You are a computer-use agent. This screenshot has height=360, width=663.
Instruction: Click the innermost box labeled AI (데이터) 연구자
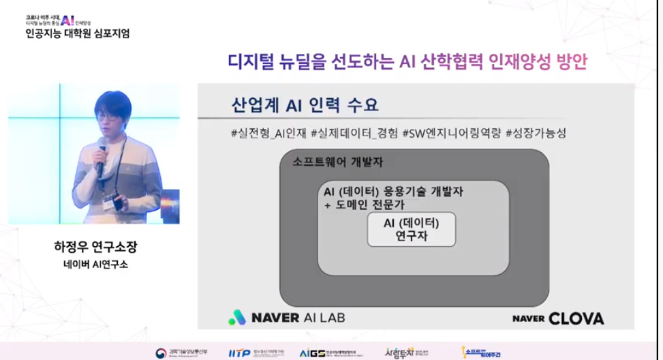(411, 230)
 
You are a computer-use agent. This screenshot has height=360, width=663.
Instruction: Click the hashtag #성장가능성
(537, 132)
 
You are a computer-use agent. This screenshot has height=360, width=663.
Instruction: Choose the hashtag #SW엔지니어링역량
(452, 132)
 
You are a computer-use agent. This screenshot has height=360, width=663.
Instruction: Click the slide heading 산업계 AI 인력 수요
(305, 106)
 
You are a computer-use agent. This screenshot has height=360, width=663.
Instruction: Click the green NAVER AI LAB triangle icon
(237, 317)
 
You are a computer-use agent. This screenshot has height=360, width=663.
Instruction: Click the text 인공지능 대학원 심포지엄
(76, 33)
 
